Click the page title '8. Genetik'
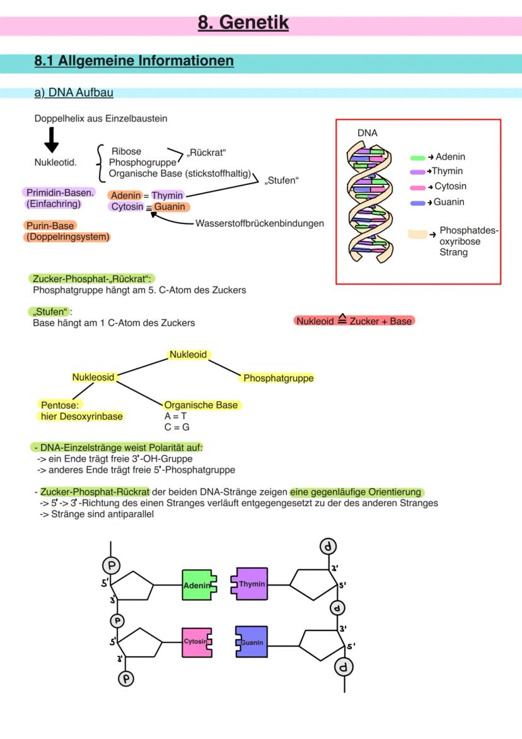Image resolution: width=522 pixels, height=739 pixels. pos(243,23)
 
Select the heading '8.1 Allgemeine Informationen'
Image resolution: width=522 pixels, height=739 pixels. pos(134,61)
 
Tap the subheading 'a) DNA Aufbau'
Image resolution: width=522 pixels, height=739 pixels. pos(74,93)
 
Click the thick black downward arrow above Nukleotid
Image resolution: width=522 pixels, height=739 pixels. pos(52,139)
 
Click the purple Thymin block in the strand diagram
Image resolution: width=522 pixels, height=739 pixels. pos(251,584)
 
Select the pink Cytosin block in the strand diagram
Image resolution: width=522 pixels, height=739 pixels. pos(196,641)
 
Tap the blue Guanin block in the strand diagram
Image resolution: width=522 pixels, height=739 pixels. pos(252,642)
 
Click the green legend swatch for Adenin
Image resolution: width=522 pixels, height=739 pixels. pos(417,158)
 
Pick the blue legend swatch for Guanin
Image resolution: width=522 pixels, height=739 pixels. pos(417,203)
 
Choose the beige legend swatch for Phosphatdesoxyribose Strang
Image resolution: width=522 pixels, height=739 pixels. pos(417,234)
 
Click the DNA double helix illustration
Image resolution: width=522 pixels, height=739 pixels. pos(369,201)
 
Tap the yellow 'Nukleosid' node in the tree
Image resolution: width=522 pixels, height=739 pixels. pos(93,377)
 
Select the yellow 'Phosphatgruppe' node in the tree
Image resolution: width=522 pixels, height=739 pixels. pos(278,379)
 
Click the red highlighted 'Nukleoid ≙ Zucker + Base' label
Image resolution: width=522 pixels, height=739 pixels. pos(354,321)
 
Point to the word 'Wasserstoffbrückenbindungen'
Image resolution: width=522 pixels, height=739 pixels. pos(260,223)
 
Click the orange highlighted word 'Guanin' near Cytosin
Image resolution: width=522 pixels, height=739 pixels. pos(171,207)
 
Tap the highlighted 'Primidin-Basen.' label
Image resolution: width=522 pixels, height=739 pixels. pos(60,192)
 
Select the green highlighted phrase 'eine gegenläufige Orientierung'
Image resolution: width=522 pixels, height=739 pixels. pos(357,492)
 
